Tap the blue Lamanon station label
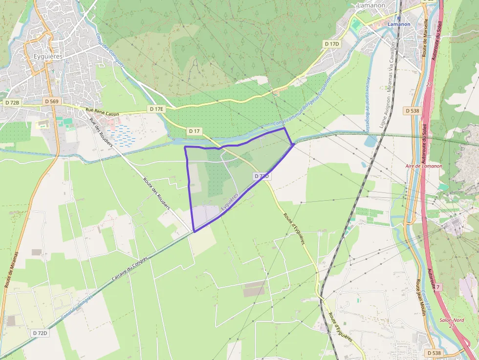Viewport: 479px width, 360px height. pyautogui.click(x=397, y=23)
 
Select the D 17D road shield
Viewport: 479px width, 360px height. pyautogui.click(x=332, y=44)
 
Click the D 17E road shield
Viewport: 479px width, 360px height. pyautogui.click(x=156, y=109)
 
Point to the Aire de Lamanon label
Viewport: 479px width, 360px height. pyautogui.click(x=424, y=166)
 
